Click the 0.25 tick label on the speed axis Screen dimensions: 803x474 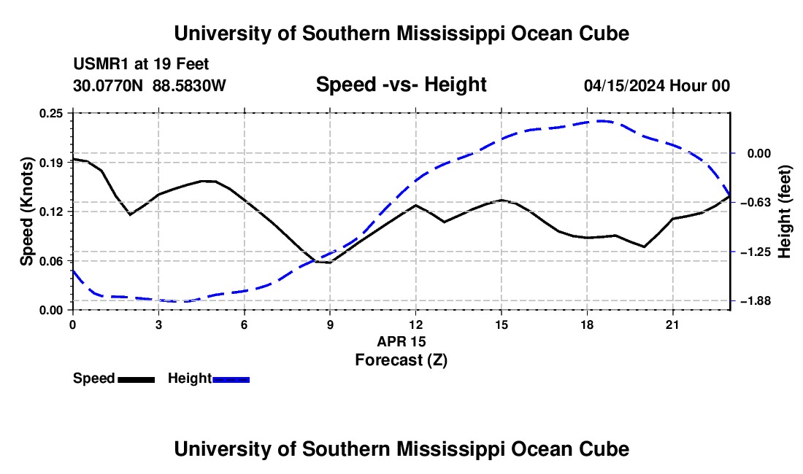[x=50, y=113]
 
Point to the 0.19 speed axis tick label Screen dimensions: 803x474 [x=50, y=163]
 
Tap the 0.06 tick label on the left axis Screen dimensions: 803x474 [x=50, y=261]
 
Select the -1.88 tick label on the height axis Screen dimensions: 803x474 [x=756, y=301]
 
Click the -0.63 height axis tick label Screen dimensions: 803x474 [x=756, y=203]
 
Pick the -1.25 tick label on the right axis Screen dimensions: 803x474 [x=756, y=252]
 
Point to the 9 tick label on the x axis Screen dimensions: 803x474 [x=330, y=325]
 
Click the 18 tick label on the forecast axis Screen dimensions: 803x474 [x=587, y=325]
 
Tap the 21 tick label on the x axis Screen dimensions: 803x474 [x=672, y=325]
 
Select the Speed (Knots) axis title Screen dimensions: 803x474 [x=26, y=211]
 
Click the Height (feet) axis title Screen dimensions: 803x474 [x=784, y=211]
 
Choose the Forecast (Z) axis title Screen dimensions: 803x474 [x=401, y=360]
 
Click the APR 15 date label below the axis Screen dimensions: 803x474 [x=401, y=341]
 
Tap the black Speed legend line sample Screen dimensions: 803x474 [x=137, y=380]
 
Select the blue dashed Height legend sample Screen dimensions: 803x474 [x=231, y=380]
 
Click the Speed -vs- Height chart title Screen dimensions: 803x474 [x=401, y=85]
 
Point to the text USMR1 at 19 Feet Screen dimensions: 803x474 [x=141, y=64]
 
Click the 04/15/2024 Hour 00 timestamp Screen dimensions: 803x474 [x=657, y=86]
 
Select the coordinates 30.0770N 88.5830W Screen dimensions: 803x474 [x=149, y=85]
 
